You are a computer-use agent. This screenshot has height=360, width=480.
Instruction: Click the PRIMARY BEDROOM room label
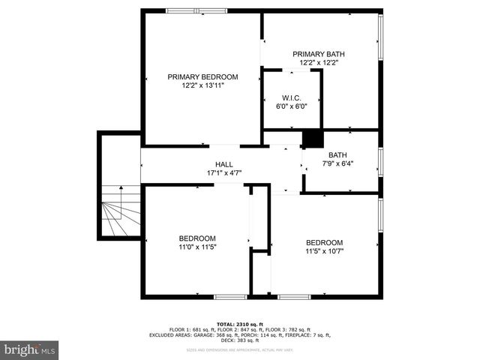[202, 76]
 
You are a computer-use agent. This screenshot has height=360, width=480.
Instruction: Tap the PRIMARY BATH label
[319, 54]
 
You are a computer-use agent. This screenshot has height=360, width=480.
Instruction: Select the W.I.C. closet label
[292, 97]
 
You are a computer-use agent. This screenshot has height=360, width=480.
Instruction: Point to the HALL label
[224, 164]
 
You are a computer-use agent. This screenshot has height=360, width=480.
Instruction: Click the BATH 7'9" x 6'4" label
[337, 155]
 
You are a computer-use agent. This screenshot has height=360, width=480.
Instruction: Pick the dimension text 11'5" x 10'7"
[324, 251]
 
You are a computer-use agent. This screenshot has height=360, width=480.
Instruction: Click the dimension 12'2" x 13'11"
[202, 85]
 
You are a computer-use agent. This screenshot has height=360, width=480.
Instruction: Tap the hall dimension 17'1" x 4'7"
[224, 173]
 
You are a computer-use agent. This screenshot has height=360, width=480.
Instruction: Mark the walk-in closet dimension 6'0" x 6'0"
[292, 106]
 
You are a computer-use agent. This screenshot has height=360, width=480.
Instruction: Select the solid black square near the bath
[311, 139]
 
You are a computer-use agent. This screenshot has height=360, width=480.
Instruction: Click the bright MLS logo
[30, 349]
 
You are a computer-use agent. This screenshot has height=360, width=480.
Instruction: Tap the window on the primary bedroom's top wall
[196, 10]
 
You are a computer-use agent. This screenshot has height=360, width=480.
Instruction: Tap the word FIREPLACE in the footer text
[295, 334]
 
